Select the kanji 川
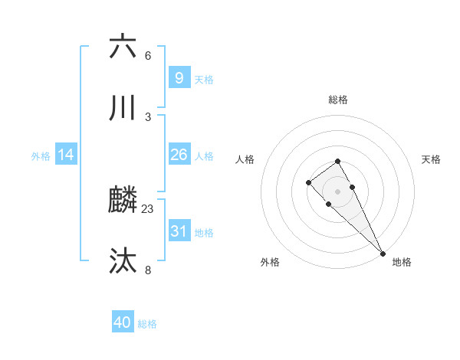(x=123, y=108)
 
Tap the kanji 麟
(x=123, y=201)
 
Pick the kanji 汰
(x=123, y=261)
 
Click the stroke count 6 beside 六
(x=148, y=56)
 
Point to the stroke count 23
(x=148, y=208)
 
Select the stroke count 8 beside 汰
(x=148, y=270)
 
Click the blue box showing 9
(x=179, y=77)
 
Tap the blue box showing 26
(x=179, y=155)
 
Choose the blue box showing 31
(x=179, y=231)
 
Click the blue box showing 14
(x=66, y=155)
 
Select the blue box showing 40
(x=123, y=322)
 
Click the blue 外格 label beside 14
(x=41, y=155)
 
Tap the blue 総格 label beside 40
(x=147, y=323)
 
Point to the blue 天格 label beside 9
(x=203, y=78)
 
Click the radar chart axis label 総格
(x=337, y=100)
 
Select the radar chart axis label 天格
(x=431, y=159)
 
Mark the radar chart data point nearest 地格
(x=383, y=254)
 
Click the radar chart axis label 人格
(x=245, y=159)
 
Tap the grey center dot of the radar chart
(x=337, y=191)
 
